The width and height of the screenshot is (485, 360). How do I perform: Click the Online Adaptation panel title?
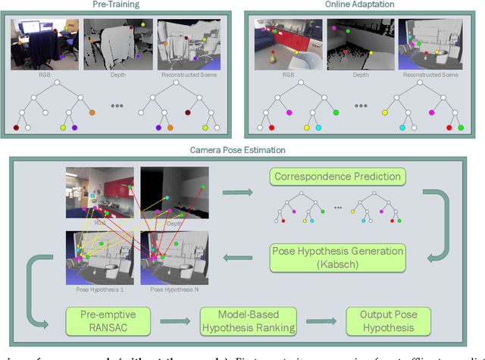(x=361, y=5)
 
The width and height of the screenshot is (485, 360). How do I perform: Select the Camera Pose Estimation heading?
(x=242, y=150)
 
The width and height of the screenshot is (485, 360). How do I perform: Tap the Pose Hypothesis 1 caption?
(x=101, y=290)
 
